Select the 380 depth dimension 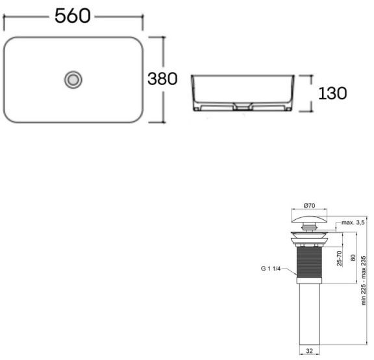[162, 79]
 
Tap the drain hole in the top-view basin [73, 79]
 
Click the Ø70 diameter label [308, 206]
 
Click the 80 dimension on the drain [353, 258]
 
